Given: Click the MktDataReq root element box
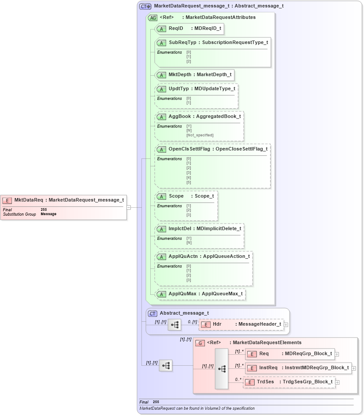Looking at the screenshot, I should coord(63,200).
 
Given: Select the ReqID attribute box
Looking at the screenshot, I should coord(189,29).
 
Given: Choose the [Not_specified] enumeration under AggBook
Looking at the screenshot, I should coord(200,135).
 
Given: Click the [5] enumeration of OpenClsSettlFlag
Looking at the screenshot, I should coord(189,182).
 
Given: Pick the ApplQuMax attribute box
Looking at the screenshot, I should coord(200,294).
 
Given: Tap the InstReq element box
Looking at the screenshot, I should coord(298,368).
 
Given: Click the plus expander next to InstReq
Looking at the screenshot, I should coord(353,368).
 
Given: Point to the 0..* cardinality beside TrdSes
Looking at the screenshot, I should coord(238,379).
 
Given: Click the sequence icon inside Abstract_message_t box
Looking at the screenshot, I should coord(175,325).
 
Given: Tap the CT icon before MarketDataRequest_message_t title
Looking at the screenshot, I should coord(145,6).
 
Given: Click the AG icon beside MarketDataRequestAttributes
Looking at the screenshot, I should coord(153,18).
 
